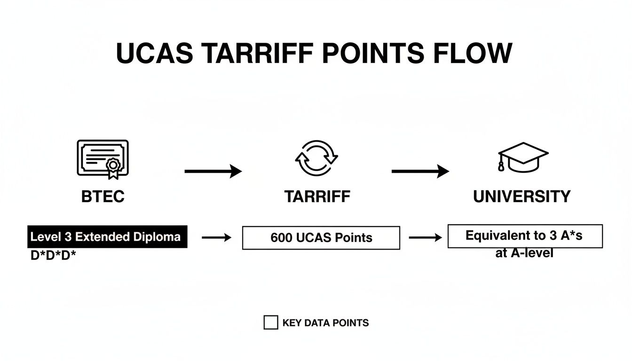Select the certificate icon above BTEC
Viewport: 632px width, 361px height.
[102, 159]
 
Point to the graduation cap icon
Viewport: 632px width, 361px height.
[522, 157]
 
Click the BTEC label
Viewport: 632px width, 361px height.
[103, 196]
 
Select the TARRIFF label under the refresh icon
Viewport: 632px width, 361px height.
[317, 196]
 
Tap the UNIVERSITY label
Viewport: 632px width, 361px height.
[522, 196]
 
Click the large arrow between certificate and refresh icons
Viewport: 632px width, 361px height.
[213, 172]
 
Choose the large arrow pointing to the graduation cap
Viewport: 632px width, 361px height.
[420, 172]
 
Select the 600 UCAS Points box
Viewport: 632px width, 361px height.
[321, 238]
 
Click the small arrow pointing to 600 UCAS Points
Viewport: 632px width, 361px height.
[217, 238]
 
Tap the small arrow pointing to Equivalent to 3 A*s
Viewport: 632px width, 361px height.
[425, 238]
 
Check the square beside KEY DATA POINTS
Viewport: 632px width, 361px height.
[270, 323]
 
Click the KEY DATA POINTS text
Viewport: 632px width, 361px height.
[325, 323]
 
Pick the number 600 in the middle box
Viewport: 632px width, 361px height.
[281, 238]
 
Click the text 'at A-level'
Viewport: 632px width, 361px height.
[524, 253]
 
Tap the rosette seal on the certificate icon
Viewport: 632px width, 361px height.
[113, 166]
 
